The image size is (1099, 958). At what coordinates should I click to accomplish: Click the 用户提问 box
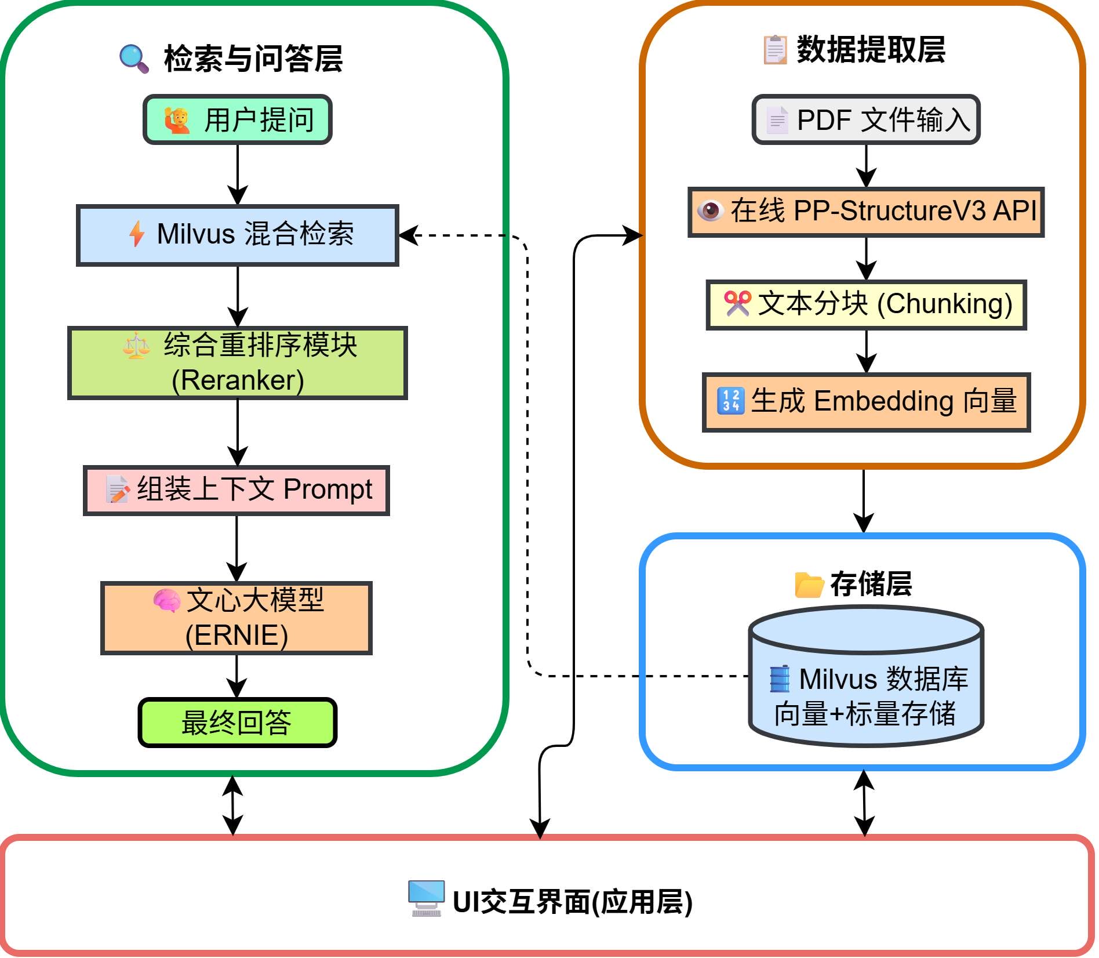point(238,120)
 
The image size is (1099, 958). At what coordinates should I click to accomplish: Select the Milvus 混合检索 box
point(238,235)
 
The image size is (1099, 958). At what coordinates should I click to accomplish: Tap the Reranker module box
point(238,363)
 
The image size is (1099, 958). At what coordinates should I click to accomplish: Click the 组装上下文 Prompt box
point(236,491)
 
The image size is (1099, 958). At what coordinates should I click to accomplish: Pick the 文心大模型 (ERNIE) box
point(236,618)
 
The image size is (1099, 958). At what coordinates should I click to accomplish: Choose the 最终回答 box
point(238,723)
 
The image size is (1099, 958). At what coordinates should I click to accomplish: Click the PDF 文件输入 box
point(866,120)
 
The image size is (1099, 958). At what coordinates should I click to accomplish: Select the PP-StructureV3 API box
point(866,212)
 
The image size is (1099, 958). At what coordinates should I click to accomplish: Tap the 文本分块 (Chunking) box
point(866,305)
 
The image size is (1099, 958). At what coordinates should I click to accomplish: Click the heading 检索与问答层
point(253,59)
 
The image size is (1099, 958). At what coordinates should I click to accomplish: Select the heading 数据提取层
point(871,50)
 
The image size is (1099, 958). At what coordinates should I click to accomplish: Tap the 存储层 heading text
point(871,583)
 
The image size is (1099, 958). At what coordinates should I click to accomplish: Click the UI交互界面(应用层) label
point(572,902)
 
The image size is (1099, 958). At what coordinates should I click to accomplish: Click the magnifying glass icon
point(134,59)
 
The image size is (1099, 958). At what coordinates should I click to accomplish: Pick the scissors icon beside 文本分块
point(737,303)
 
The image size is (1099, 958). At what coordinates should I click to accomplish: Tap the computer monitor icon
point(426,898)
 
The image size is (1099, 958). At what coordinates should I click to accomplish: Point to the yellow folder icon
point(809,585)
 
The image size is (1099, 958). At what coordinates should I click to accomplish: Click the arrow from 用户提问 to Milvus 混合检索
point(238,174)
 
